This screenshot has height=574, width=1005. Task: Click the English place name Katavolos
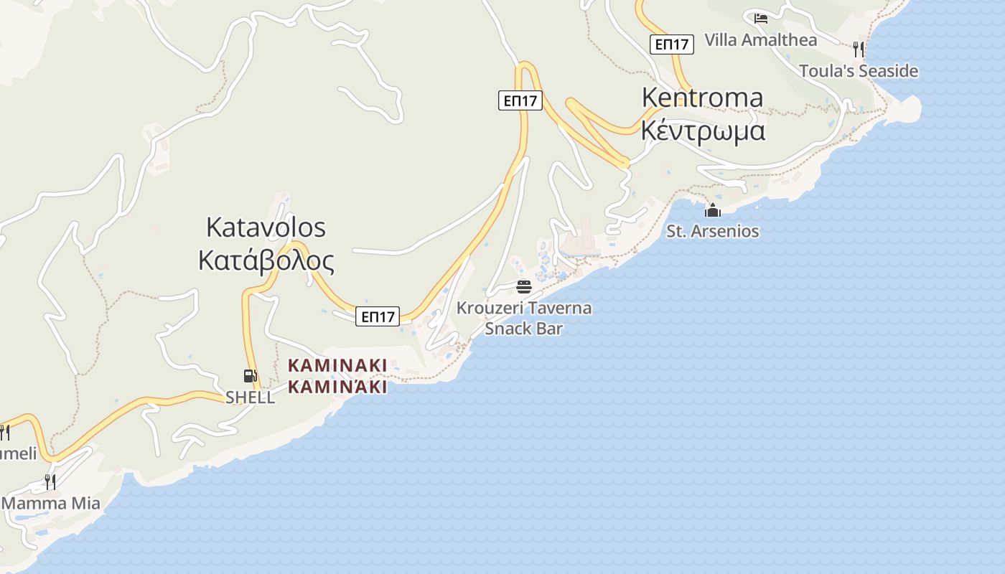point(266,227)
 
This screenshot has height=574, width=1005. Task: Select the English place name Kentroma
point(702,97)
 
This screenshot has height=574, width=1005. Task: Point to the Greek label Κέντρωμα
point(703,131)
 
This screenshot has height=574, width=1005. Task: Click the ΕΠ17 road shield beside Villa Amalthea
point(672,44)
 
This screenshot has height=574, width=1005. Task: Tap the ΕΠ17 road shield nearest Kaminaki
point(378,316)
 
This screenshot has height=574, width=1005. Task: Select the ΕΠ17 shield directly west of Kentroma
point(520,100)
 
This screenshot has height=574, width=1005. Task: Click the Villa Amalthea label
point(760,40)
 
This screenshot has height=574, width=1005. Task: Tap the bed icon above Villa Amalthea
point(761,19)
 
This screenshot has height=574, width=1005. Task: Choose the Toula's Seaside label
point(859,71)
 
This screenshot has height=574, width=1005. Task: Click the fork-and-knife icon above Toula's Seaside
point(858,49)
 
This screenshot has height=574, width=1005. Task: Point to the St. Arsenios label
point(712,231)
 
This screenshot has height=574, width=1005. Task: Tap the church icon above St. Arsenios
point(712,210)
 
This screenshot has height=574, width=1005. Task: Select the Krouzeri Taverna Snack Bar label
point(524,318)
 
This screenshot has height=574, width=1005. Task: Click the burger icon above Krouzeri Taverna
point(524,287)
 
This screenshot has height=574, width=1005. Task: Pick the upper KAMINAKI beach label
point(337,365)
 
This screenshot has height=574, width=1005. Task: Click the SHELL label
point(250,397)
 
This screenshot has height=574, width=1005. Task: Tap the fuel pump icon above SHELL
point(250,376)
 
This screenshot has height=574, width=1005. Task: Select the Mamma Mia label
point(51,503)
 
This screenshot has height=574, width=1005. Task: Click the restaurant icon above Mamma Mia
point(50,481)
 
